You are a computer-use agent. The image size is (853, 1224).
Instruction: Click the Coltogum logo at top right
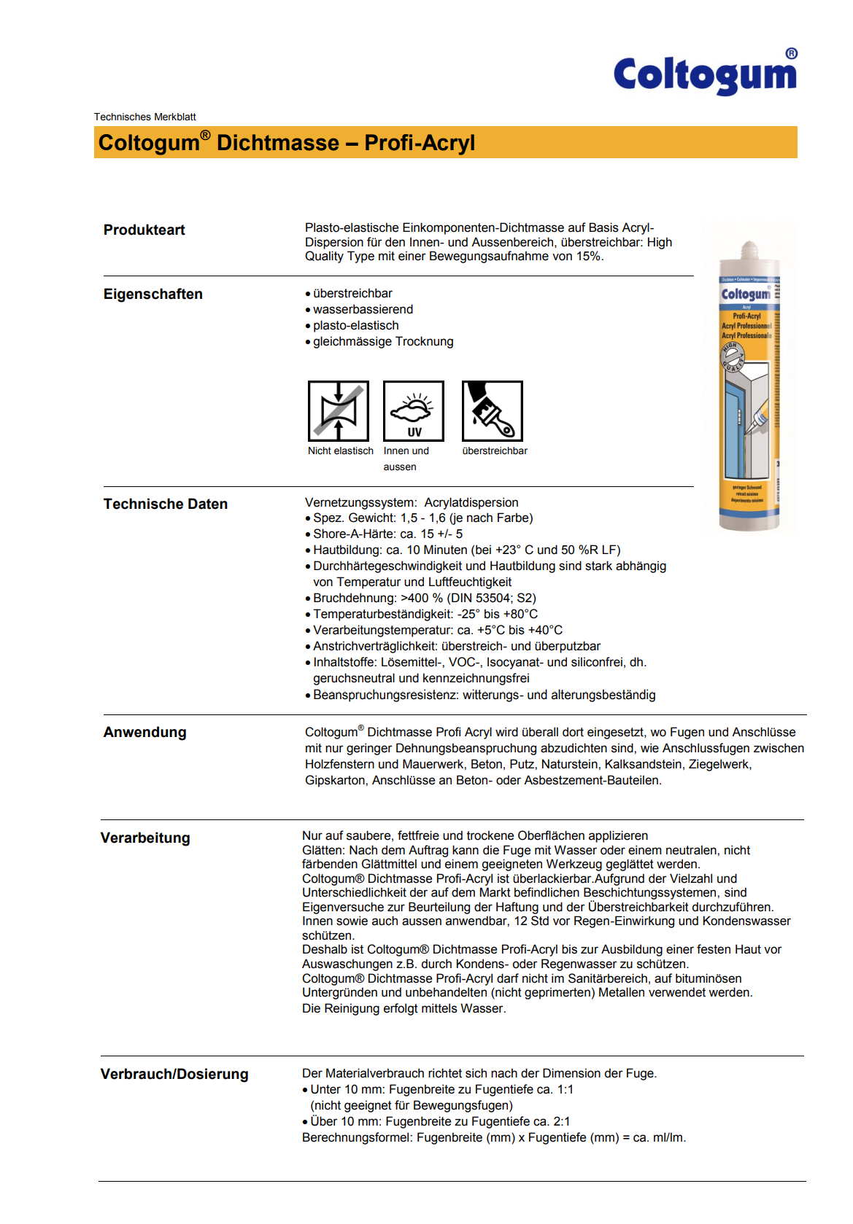tap(705, 74)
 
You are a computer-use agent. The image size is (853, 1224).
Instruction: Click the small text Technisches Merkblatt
tap(144, 117)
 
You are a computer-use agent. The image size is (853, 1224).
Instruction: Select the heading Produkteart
tap(144, 230)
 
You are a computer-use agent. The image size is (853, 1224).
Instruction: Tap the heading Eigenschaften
tap(153, 294)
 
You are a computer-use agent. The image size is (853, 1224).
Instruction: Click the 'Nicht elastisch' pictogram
tap(338, 410)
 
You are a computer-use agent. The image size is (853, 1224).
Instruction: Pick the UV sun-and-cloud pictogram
tap(414, 410)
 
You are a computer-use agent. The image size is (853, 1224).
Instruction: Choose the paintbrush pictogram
tap(492, 410)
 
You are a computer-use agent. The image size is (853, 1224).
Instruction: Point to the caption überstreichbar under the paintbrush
tap(495, 451)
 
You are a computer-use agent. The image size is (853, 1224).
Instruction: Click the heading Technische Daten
tap(165, 504)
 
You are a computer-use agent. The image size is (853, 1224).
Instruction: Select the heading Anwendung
tap(144, 732)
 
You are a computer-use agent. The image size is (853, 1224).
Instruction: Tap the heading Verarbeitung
tap(145, 838)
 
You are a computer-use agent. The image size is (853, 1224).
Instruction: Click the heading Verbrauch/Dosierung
tap(174, 1074)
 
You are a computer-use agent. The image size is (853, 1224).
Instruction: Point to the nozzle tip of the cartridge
tap(749, 246)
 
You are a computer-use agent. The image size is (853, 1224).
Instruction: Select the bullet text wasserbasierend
tap(363, 309)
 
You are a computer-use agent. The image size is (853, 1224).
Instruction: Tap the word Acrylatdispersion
tap(471, 502)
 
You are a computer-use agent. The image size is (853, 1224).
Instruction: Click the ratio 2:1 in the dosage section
tap(561, 1121)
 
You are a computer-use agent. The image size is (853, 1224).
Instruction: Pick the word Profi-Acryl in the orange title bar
tap(420, 143)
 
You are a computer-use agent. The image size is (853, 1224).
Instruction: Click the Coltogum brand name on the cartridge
tap(745, 295)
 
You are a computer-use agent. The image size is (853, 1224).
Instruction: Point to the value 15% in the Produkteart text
tap(589, 256)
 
